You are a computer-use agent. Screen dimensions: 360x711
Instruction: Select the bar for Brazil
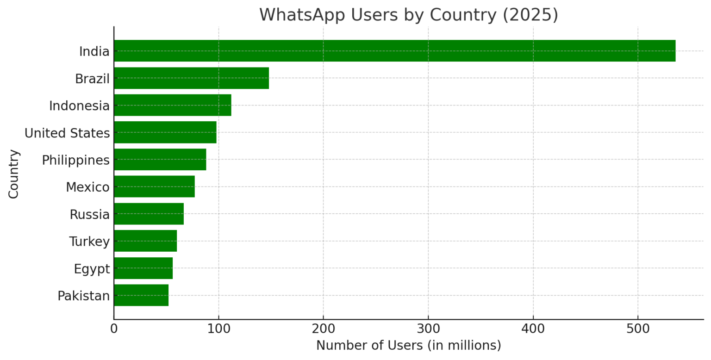point(191,78)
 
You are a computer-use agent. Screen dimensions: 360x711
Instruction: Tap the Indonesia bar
point(172,105)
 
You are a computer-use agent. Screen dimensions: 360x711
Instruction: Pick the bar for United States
point(165,132)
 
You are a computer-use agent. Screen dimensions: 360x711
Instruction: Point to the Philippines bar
point(160,160)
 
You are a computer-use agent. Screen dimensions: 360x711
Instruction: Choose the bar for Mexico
point(154,186)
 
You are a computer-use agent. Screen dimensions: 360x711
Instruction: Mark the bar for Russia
point(149,214)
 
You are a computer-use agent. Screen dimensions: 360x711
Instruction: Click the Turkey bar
point(145,241)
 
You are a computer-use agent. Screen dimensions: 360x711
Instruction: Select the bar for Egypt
point(143,268)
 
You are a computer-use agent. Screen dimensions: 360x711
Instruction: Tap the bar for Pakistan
point(141,295)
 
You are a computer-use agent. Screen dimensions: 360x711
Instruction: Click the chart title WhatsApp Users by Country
point(408,15)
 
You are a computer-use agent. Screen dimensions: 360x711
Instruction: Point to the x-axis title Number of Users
point(408,346)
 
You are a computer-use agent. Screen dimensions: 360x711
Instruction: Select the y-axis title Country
point(14,174)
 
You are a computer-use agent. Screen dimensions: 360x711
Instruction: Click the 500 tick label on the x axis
point(638,329)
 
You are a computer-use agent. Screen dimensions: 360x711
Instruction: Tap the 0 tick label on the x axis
point(114,329)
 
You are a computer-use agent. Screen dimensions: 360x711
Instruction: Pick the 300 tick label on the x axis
point(428,329)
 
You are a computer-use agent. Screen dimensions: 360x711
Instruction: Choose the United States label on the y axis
point(67,133)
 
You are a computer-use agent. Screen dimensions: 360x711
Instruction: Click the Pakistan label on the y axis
point(83,296)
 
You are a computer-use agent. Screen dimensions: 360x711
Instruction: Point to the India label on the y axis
point(94,51)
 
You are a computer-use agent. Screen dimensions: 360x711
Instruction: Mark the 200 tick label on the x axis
point(323,329)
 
